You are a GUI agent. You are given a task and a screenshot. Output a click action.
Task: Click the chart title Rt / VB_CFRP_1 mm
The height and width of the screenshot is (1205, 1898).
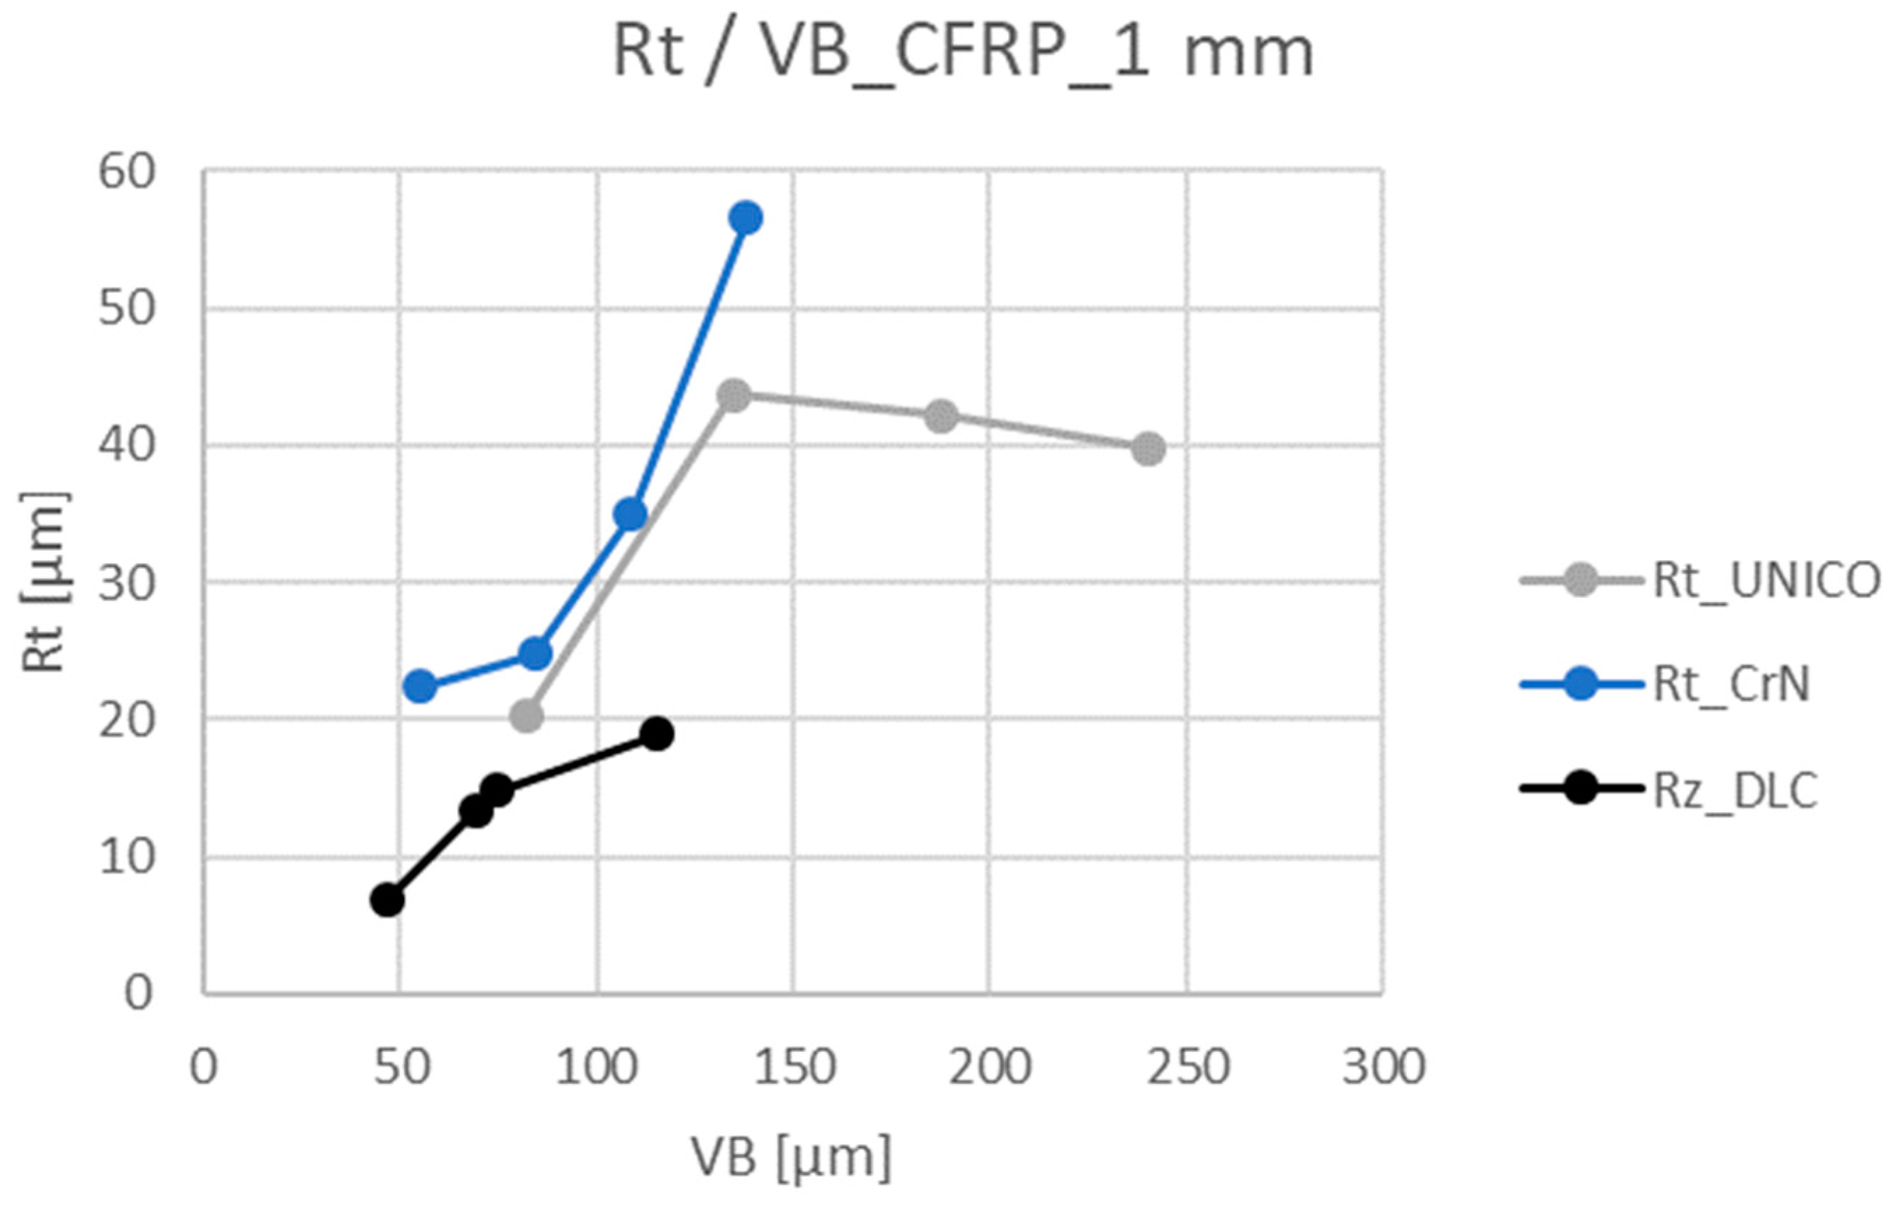963,54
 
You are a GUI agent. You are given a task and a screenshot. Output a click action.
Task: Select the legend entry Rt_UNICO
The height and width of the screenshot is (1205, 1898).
1766,581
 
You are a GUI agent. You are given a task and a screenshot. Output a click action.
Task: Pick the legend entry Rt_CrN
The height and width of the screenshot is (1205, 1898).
1730,684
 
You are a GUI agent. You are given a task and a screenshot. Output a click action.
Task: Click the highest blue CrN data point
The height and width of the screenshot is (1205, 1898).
746,218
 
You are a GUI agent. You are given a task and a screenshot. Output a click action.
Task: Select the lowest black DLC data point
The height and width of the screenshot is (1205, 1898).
387,900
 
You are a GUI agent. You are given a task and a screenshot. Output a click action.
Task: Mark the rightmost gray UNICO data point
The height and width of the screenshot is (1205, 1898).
1149,449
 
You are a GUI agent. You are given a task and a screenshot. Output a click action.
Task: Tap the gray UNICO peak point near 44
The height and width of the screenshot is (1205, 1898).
735,396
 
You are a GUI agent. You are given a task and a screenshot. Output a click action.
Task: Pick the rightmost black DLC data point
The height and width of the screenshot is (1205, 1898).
656,734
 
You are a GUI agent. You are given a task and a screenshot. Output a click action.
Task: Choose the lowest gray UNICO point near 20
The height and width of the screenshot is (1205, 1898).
526,716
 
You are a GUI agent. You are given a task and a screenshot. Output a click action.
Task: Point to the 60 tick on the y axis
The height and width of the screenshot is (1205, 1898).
126,171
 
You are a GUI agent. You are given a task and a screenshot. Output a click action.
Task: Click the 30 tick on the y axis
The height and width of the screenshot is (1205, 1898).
126,583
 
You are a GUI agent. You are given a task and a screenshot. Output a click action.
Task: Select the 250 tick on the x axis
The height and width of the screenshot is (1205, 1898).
1187,1068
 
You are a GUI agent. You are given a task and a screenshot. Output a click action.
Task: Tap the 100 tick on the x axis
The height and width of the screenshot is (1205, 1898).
597,1068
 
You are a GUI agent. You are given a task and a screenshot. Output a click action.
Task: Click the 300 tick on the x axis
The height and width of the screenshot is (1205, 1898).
1384,1068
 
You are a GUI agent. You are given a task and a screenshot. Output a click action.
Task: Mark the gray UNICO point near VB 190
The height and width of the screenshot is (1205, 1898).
941,415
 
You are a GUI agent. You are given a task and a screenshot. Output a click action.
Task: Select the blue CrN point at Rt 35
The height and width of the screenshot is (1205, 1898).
631,514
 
